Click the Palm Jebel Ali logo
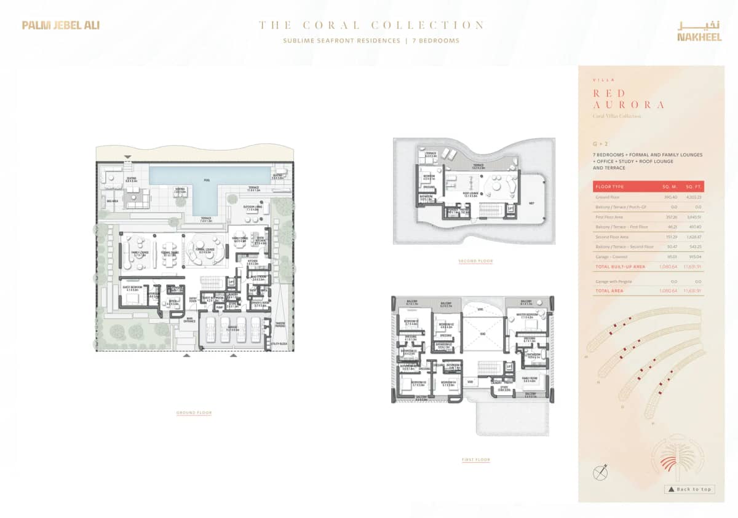click(60, 25)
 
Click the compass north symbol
click(600, 473)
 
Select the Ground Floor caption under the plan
click(194, 413)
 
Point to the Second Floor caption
click(475, 261)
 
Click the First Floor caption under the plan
click(475, 460)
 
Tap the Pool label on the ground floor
click(207, 181)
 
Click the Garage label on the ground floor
click(232, 329)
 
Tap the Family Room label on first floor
click(530, 379)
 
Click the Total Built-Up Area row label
click(620, 267)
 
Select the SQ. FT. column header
click(694, 186)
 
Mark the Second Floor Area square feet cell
click(693, 236)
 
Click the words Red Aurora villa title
click(628, 99)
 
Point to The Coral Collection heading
click(371, 25)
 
